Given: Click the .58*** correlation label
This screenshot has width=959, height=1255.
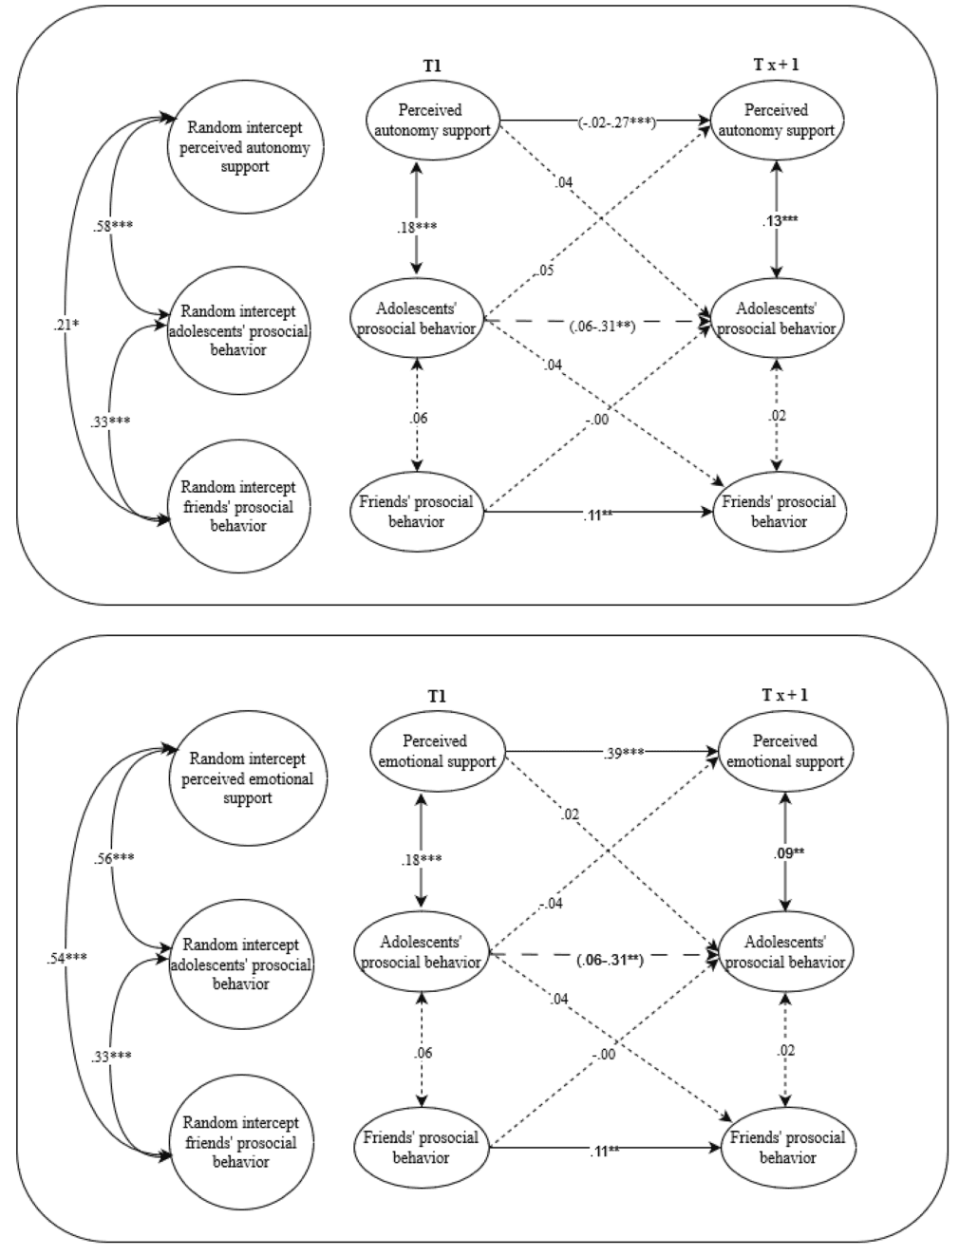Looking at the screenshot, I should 112,226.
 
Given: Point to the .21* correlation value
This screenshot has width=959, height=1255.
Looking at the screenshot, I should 66,326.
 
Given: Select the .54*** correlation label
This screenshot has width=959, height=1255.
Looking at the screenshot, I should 66,958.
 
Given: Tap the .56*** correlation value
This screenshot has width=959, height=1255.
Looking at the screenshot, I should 114,858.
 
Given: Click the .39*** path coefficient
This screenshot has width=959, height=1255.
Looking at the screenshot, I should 624,753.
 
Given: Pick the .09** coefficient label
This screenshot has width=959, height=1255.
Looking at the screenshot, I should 786,852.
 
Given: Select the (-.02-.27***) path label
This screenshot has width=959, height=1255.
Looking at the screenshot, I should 617,122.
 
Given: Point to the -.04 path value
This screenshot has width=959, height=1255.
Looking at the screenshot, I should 550,903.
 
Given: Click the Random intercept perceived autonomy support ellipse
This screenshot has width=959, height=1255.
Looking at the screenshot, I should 245,147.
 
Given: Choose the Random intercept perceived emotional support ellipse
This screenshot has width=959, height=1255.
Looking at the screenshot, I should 247,778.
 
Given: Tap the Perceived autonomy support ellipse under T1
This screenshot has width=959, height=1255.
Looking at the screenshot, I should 432,121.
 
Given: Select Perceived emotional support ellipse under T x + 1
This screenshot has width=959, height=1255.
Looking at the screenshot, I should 784,751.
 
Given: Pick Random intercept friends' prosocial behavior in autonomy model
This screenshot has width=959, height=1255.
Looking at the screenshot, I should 238,506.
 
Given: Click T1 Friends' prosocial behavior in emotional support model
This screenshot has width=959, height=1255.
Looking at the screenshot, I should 421,1147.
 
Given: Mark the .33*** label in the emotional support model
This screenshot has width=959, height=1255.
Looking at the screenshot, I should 112,1056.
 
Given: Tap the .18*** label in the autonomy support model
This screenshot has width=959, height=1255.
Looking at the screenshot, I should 418,228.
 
